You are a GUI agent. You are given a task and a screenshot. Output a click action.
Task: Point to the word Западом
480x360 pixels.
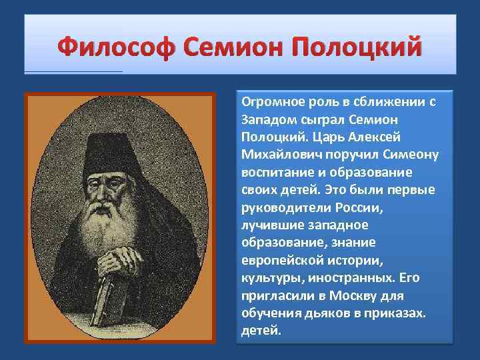point(267,120)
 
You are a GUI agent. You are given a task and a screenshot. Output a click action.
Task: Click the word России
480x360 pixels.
point(361,207)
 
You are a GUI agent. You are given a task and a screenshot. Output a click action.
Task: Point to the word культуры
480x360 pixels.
point(267,277)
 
